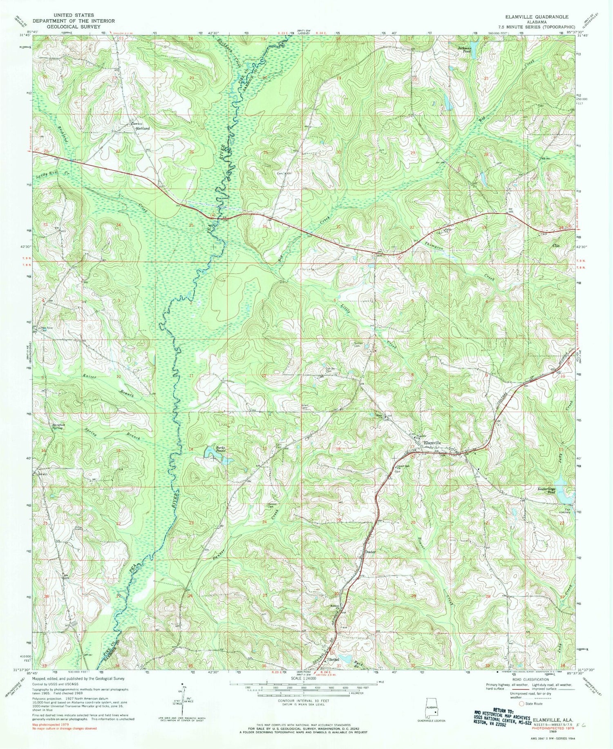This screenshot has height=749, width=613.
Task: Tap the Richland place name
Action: point(143,128)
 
